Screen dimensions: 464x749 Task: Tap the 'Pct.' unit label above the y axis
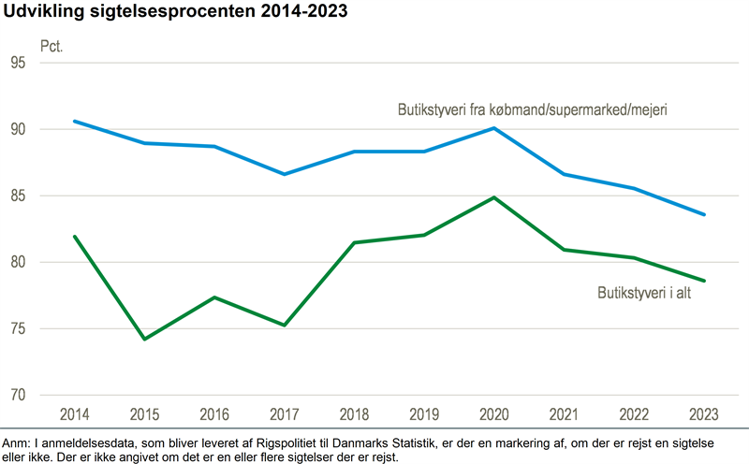pos(51,45)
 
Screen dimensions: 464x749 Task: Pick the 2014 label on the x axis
pos(74,413)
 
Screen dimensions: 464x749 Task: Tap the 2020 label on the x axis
pos(493,413)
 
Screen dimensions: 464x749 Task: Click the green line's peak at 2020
pos(493,197)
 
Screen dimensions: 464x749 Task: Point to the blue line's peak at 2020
pos(493,128)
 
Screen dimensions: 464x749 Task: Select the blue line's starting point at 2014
pos(74,121)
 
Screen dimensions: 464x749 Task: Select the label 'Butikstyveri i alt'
pos(650,293)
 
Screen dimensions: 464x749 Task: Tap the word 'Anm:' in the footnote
pos(18,442)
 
